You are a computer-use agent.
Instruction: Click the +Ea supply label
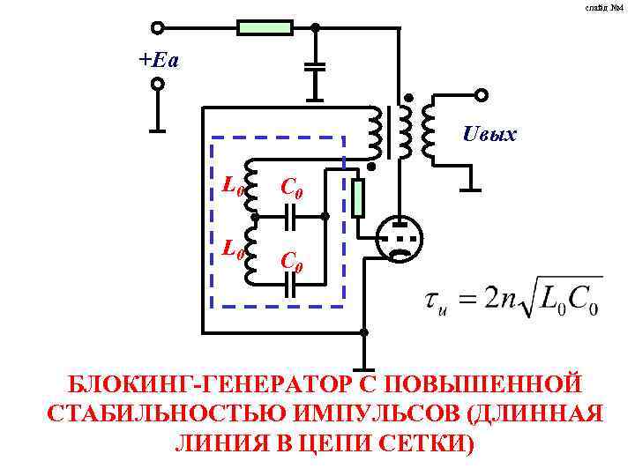pyautogui.click(x=158, y=60)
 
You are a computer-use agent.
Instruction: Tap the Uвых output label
pyautogui.click(x=489, y=135)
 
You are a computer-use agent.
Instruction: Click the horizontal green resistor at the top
pyautogui.click(x=265, y=27)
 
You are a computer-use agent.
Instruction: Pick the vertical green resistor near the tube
pyautogui.click(x=357, y=197)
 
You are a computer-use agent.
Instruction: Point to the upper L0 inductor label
pyautogui.click(x=232, y=186)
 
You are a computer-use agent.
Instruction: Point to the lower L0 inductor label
pyautogui.click(x=232, y=250)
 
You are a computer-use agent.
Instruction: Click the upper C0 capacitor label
pyautogui.click(x=293, y=187)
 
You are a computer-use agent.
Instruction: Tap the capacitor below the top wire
pyautogui.click(x=315, y=66)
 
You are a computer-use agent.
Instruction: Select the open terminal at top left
pyautogui.click(x=158, y=28)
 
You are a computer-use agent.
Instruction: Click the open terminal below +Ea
pyautogui.click(x=158, y=85)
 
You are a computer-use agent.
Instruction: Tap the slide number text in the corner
pyautogui.click(x=612, y=7)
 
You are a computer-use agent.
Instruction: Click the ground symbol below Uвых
pyautogui.click(x=471, y=187)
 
